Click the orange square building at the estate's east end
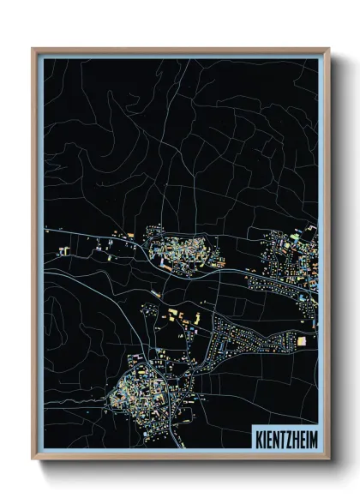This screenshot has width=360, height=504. click(x=301, y=341)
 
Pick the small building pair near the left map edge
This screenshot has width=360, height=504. click(x=63, y=251)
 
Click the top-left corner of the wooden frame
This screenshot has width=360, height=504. click(x=33, y=50)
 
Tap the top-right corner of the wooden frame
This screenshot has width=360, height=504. click(x=328, y=50)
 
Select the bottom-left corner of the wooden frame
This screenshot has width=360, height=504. click(x=33, y=458)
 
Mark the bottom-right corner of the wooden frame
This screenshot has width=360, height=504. click(x=328, y=458)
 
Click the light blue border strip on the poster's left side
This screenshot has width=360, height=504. click(x=40, y=257)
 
